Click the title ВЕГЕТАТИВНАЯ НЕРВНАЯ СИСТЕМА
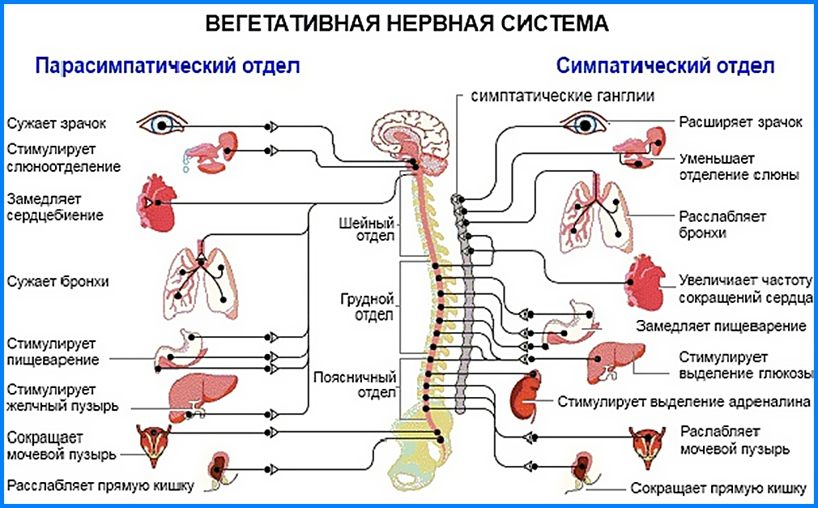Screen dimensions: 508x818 click(x=407, y=23)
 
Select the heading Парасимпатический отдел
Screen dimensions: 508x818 click(x=168, y=66)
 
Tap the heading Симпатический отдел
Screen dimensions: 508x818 click(x=664, y=66)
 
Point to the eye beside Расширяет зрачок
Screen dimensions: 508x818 click(x=585, y=124)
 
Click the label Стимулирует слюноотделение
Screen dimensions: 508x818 click(x=64, y=158)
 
